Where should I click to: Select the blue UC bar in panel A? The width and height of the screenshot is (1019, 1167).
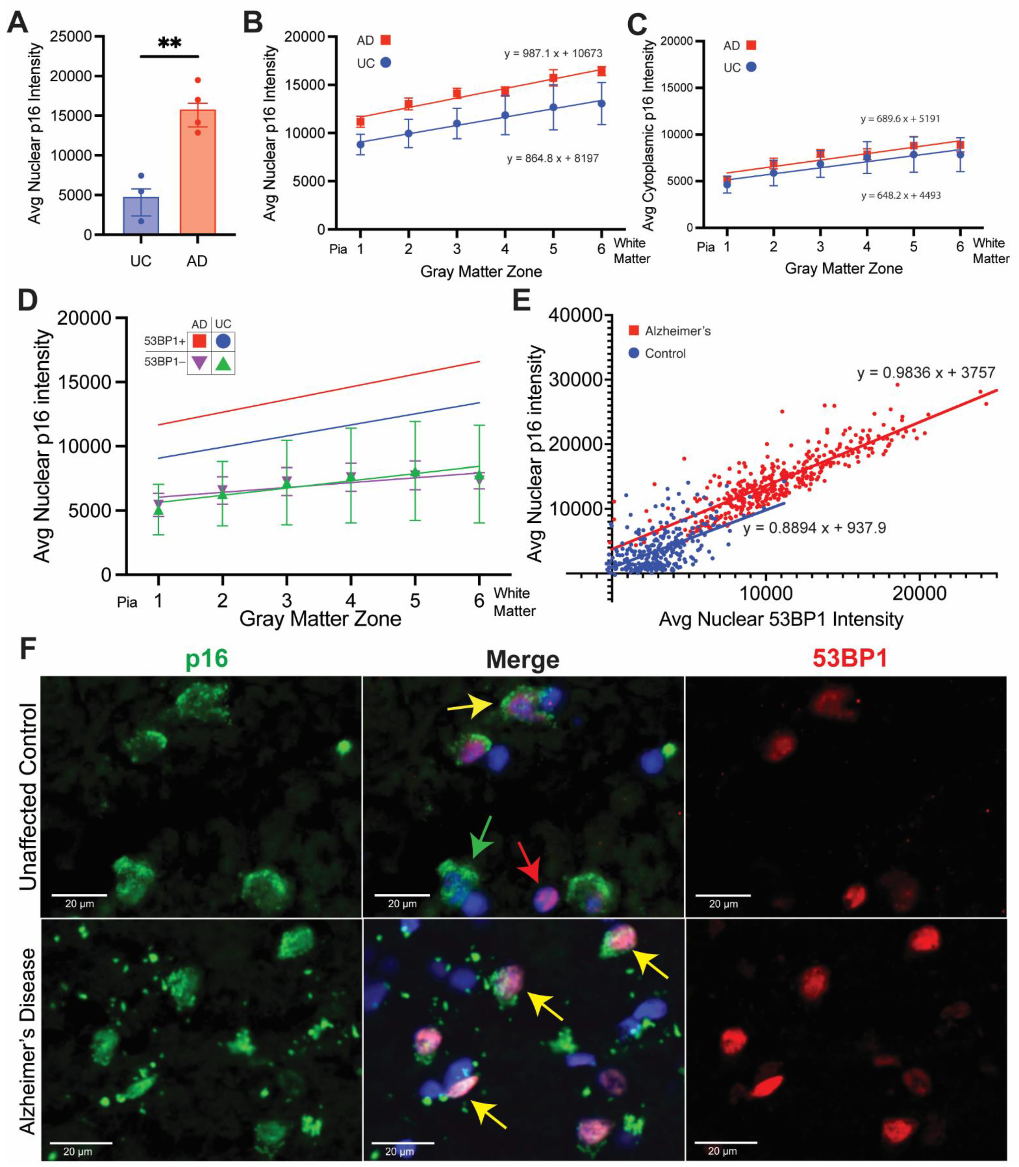tap(141, 216)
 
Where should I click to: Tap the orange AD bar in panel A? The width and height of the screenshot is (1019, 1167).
tap(197, 170)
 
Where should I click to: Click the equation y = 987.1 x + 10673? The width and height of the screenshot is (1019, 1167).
tap(553, 54)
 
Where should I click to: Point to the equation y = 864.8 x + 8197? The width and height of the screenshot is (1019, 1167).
tap(553, 158)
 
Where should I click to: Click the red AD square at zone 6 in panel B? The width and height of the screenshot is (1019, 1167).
tap(601, 71)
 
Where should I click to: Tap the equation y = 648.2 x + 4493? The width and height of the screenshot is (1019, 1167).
tap(901, 195)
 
